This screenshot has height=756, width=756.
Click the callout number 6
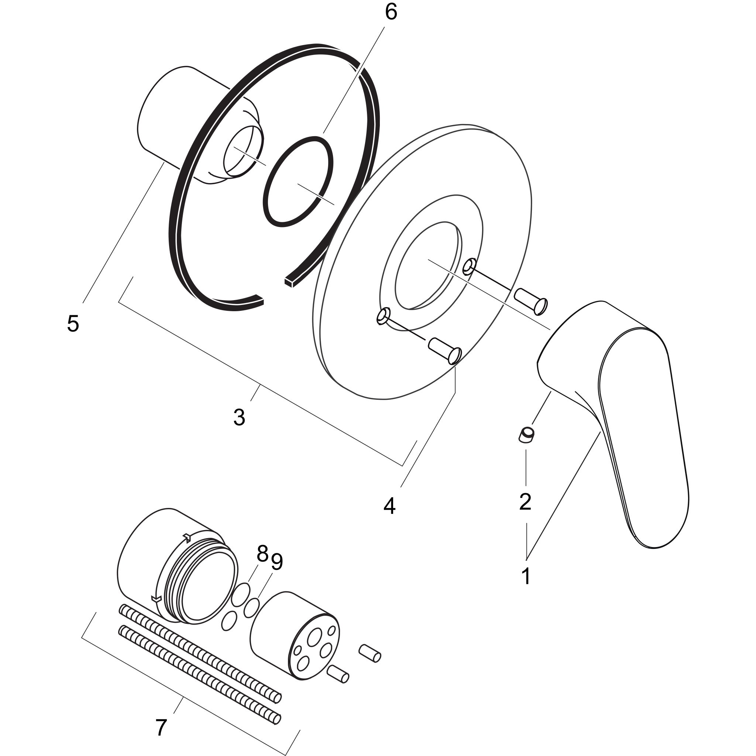coord(391,13)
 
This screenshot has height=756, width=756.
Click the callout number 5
coord(73,324)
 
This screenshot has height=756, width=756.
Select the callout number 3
coord(239,417)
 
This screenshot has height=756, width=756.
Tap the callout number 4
coord(389,506)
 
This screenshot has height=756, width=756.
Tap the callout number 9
coord(276,563)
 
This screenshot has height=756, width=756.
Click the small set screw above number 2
coord(526,435)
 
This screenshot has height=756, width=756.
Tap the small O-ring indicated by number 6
coord(298,181)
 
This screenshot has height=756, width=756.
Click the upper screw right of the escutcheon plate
coord(530,301)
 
